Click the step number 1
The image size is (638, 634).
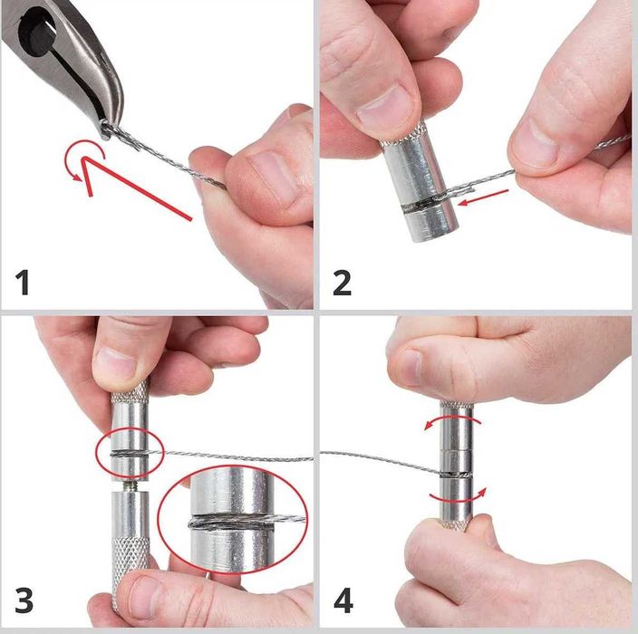click(x=23, y=283)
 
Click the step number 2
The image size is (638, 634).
click(x=342, y=283)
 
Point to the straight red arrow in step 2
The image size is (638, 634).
click(x=483, y=197)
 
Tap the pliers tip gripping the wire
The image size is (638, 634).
click(x=107, y=130)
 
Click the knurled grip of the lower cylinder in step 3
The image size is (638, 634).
click(x=130, y=562)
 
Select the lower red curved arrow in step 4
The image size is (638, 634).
click(x=458, y=497)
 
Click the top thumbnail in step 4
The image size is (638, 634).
click(x=411, y=367)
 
